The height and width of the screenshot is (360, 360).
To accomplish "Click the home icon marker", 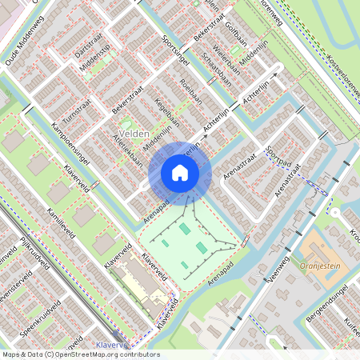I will pyautogui.click(x=180, y=173).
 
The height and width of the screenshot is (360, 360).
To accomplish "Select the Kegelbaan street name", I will pyautogui.click(x=163, y=111).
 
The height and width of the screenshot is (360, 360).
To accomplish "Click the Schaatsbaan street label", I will pyautogui.click(x=218, y=70).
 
